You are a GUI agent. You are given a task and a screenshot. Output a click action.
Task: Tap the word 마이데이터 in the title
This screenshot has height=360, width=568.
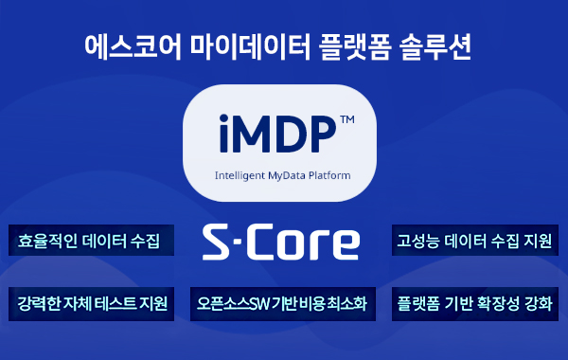(235, 45)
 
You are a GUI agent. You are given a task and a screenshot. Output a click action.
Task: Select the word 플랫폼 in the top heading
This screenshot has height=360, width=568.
(340, 45)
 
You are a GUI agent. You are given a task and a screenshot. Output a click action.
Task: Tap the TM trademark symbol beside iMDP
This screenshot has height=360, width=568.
(346, 120)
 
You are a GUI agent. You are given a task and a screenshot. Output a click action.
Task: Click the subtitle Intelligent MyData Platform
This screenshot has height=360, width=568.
(283, 175)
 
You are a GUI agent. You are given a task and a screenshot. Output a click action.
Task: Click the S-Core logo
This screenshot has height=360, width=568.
(282, 243)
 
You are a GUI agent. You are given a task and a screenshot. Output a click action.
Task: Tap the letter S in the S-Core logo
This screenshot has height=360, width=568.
(219, 243)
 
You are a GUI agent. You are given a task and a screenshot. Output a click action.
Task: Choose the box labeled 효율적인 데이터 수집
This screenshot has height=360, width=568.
(90, 241)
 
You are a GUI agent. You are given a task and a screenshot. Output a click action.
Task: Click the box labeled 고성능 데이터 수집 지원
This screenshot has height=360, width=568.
(475, 241)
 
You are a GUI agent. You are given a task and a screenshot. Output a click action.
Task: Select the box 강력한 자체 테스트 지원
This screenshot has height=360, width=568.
(92, 304)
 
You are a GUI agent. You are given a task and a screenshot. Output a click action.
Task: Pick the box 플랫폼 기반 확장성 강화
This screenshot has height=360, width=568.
(475, 304)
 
